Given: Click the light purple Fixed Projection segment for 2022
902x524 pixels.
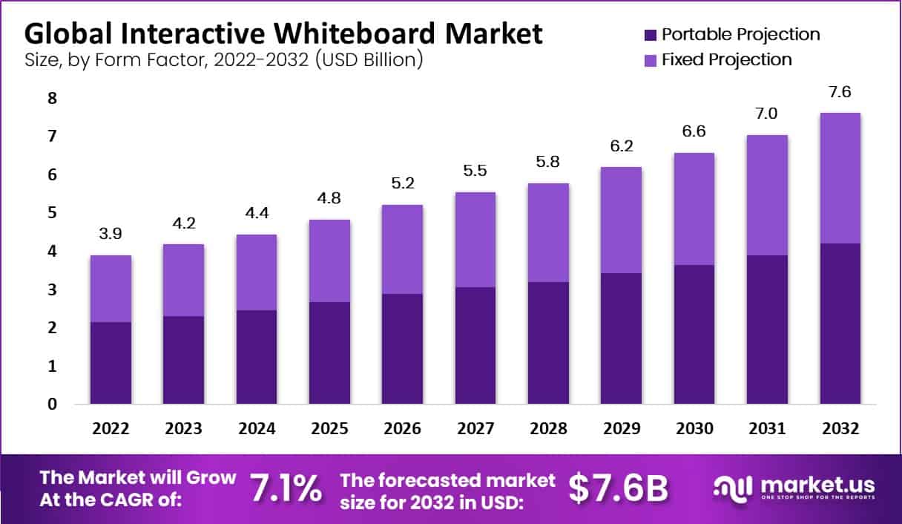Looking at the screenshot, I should point(111,289).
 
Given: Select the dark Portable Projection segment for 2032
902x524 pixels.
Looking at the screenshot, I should point(840,324).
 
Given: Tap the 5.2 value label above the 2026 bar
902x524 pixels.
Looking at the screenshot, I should point(402,183).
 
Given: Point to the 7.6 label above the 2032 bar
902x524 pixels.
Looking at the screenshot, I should point(840,91).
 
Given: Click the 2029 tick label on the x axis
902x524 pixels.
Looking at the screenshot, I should point(622,429).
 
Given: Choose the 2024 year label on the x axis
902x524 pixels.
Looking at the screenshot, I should point(257,429).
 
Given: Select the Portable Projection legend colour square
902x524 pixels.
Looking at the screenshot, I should point(651,34).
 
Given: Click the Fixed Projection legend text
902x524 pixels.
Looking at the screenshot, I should point(726,59).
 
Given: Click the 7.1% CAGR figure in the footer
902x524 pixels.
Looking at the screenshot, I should point(286,488).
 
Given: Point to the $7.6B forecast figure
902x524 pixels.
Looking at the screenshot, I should point(619,488).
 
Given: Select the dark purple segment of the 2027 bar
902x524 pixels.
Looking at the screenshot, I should point(475,346).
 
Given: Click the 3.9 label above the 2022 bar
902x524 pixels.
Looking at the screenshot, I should point(111,234).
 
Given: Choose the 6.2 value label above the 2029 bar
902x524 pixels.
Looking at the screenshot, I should point(622,145).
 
